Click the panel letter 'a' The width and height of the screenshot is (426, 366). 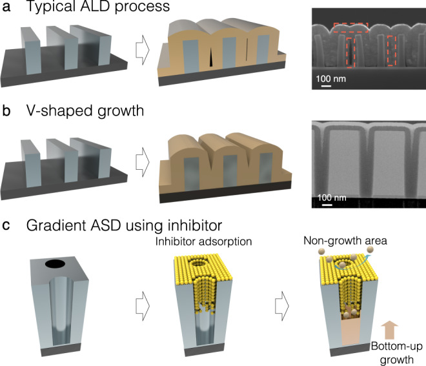[x=6, y=10]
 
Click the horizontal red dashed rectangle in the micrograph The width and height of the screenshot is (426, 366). [x=350, y=28]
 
